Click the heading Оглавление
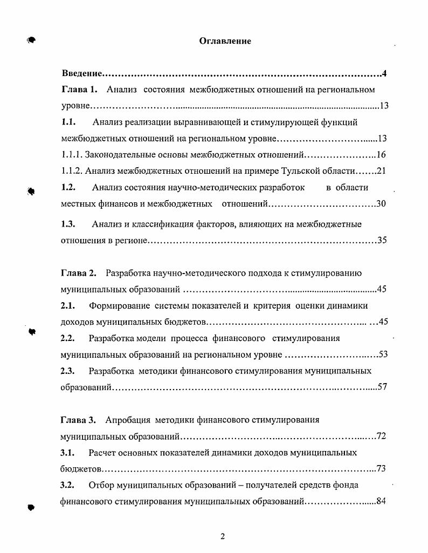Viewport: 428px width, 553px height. click(225, 41)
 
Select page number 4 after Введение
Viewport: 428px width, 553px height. click(384, 73)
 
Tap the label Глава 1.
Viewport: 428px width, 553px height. click(79, 90)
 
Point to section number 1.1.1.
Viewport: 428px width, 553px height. click(72, 155)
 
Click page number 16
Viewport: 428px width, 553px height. click(381, 155)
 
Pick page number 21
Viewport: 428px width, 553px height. click(381, 171)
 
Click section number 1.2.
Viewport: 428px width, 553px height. click(68, 188)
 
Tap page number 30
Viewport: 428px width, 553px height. click(381, 204)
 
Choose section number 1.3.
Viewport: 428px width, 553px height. click(68, 224)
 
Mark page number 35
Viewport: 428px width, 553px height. click(382, 241)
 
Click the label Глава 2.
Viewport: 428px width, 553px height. click(79, 272)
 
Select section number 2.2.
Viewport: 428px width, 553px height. click(67, 338)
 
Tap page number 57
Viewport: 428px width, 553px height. click(382, 387)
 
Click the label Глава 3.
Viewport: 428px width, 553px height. click(79, 419)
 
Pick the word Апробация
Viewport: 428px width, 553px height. click(128, 419)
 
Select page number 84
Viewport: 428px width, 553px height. click(382, 501)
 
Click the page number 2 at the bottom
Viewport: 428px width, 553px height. click(222, 536)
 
